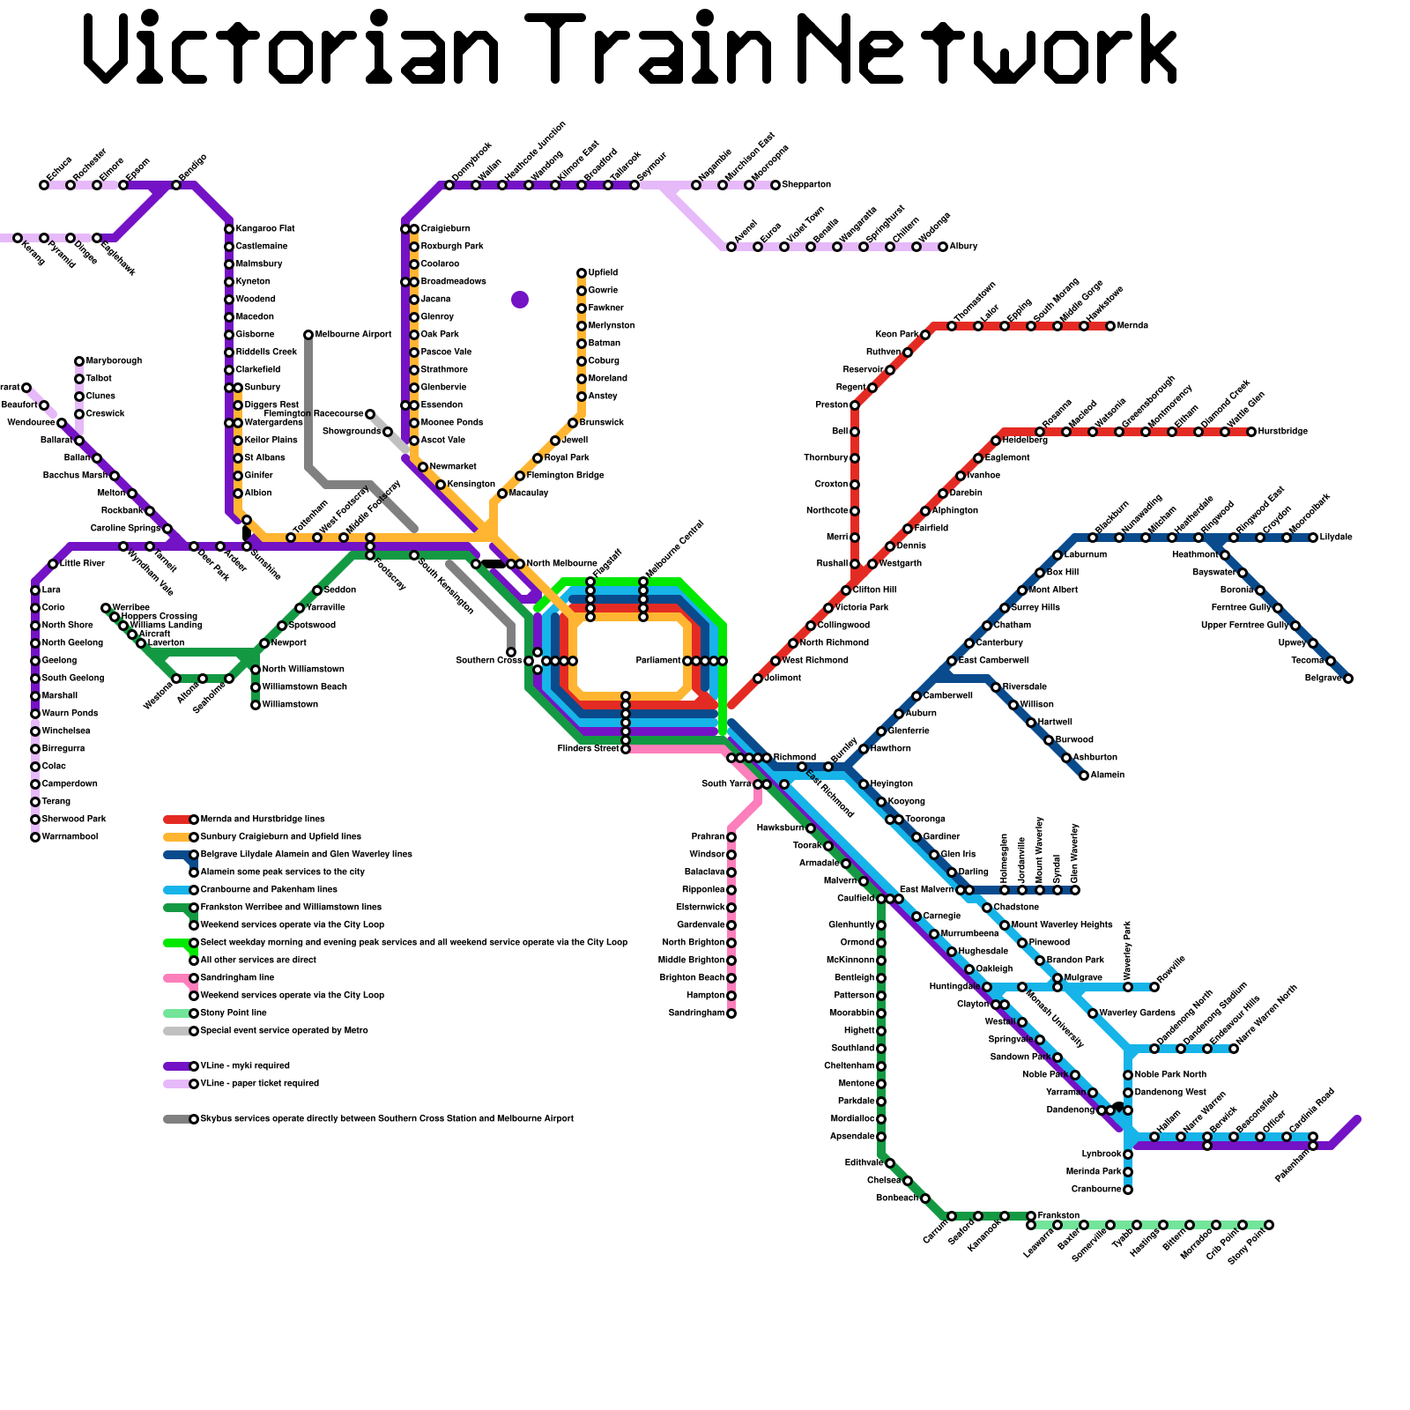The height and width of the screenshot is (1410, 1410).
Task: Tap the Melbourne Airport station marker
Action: pos(308,335)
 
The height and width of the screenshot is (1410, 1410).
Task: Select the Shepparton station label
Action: pos(806,185)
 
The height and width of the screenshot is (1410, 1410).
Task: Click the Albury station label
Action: pos(963,247)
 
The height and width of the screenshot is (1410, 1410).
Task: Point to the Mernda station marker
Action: pos(1110,326)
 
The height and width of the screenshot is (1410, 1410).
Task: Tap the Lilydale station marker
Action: pos(1313,538)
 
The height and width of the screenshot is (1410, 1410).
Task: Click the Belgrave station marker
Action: pos(1348,679)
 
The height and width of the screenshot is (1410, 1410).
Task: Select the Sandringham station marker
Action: pos(731,1013)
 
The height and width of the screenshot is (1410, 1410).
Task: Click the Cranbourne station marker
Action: pos(1128,1190)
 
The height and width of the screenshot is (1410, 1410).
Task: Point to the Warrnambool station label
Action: pos(70,837)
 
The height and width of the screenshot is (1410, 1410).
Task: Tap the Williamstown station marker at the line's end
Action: pos(256,705)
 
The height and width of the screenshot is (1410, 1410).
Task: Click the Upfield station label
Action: pos(603,273)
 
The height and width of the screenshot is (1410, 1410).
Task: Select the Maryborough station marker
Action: pos(79,361)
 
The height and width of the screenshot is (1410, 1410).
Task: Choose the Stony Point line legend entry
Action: pos(234,1013)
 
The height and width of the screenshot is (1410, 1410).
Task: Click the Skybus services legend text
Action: pos(387,1119)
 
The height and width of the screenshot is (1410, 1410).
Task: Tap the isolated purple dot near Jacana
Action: pos(520,300)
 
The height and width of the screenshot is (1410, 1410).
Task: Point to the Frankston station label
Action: pos(1058,1216)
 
